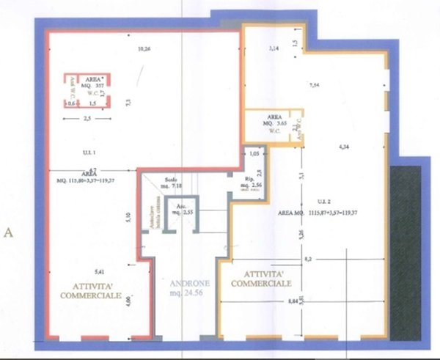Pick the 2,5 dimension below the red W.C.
pos(86,117)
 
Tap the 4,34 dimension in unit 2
pos(343,147)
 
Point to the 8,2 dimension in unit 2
pos(307,259)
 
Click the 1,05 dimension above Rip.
pos(254,154)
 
